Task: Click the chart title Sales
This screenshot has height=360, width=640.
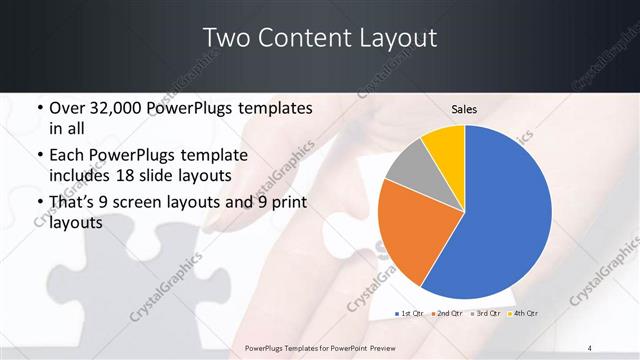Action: click(x=464, y=109)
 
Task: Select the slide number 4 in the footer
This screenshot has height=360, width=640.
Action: click(x=590, y=347)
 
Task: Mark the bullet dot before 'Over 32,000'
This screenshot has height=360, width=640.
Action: click(x=38, y=108)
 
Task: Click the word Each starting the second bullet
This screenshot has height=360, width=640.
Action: click(x=67, y=156)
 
